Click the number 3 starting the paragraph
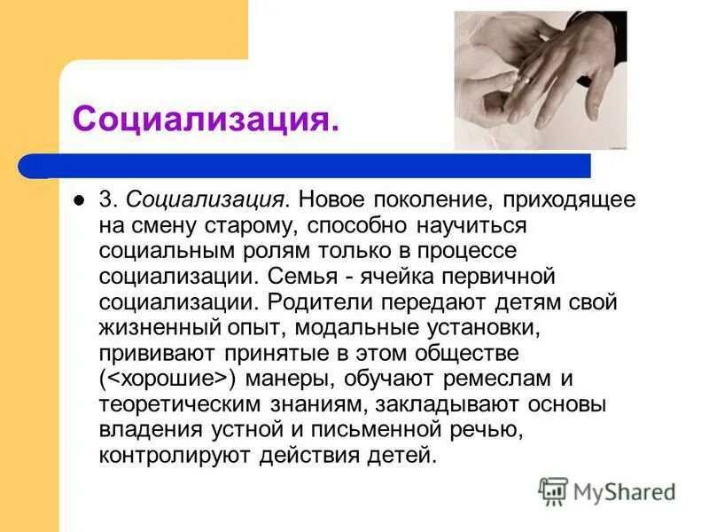[104, 199]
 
